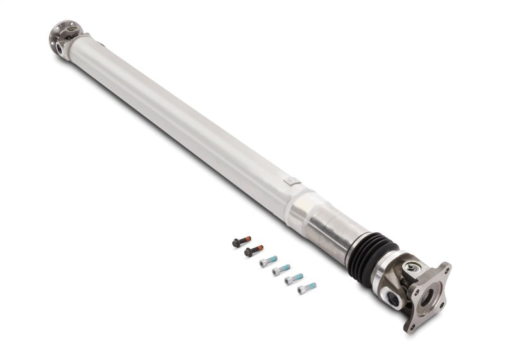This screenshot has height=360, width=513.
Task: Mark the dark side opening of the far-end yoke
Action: (60, 49)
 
